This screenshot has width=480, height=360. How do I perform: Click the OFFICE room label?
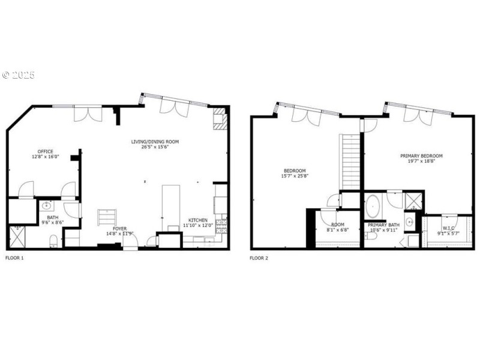[x=46, y=151]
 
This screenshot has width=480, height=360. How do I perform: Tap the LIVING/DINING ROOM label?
[x=155, y=142]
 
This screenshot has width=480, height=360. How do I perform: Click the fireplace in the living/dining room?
[x=220, y=119]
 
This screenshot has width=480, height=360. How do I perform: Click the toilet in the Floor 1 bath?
[x=53, y=241]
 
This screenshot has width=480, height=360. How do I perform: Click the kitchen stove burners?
[x=221, y=226]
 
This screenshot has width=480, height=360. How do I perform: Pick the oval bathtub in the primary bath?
[x=373, y=206]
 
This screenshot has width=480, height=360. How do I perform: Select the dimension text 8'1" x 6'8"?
[x=337, y=229]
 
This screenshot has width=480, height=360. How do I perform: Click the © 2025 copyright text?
[x=19, y=75]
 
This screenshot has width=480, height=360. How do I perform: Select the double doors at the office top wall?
[x=84, y=113]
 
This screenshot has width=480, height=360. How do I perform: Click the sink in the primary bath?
[x=409, y=222]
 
